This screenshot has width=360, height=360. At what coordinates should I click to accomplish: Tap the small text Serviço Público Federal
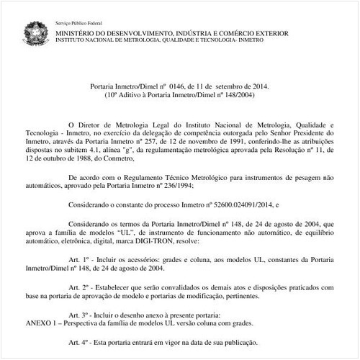tap(78, 24)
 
